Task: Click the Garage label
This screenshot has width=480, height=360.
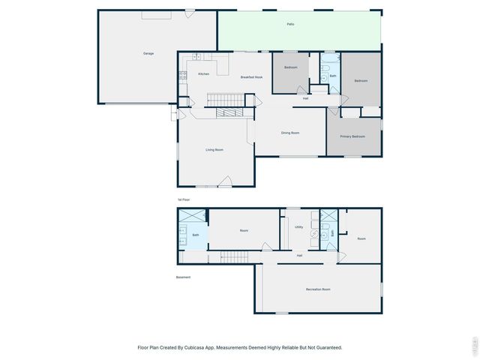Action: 148,53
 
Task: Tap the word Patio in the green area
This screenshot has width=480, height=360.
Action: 290,25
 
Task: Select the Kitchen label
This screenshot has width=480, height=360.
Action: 203,73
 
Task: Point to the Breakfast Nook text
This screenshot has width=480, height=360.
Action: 251,76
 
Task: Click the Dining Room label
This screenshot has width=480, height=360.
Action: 290,133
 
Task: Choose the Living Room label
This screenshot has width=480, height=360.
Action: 214,150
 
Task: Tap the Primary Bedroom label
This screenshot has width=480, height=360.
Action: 352,136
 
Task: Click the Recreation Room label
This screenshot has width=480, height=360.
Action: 318,289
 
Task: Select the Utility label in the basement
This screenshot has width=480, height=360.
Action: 298,226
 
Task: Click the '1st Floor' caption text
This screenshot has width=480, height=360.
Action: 184,199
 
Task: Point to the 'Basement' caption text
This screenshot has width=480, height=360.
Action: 183,277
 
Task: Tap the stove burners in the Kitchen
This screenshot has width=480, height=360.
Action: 182,74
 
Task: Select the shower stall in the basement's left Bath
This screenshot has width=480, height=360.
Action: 192,215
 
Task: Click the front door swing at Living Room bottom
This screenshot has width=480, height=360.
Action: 225,180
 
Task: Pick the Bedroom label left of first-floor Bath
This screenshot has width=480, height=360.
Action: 291,68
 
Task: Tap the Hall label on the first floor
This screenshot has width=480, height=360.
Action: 306,98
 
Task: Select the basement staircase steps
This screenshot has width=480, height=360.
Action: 233,257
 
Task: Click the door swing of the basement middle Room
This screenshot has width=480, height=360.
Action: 267,246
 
